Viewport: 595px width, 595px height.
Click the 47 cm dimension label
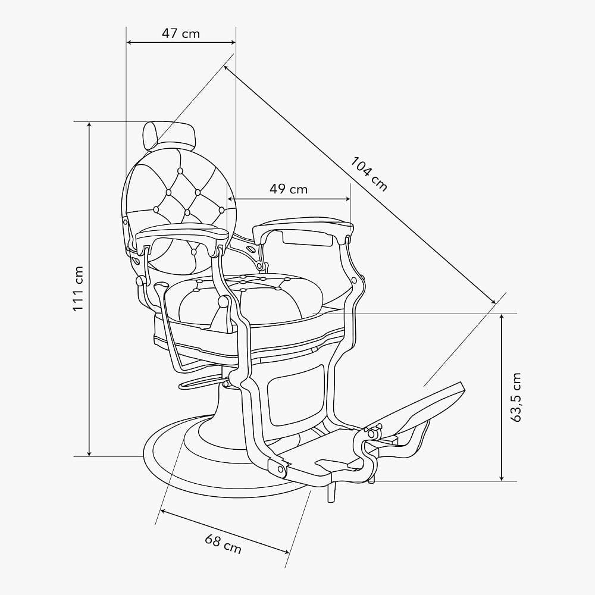point(181,33)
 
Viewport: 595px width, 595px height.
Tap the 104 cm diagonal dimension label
point(369,173)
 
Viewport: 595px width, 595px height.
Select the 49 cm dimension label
point(289,189)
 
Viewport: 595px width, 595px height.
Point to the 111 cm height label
point(78,289)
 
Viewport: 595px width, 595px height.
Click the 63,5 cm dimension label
point(516,397)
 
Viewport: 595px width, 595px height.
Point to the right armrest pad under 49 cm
point(303,229)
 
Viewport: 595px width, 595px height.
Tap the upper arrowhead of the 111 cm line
point(90,125)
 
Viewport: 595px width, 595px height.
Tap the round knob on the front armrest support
point(223,302)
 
